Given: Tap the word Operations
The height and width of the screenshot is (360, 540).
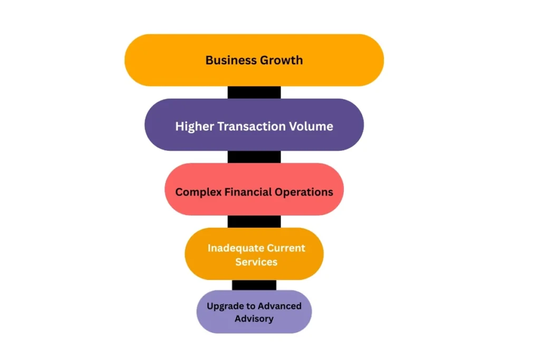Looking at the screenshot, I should coord(304,192).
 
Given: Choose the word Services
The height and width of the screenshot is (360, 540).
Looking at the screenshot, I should coord(256,261).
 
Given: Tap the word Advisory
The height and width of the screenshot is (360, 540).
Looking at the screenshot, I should coord(254,319).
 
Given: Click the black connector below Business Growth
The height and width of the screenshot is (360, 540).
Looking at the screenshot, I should coord(254,92).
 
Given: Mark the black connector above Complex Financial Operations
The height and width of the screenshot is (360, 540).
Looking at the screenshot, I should coord(254,157).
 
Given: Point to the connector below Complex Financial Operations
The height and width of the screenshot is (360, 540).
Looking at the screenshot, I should coord(254,221).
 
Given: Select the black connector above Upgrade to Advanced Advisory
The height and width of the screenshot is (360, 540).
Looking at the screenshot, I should coord(254,285).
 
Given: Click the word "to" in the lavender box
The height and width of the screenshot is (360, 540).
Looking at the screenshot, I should coord(252,306).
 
